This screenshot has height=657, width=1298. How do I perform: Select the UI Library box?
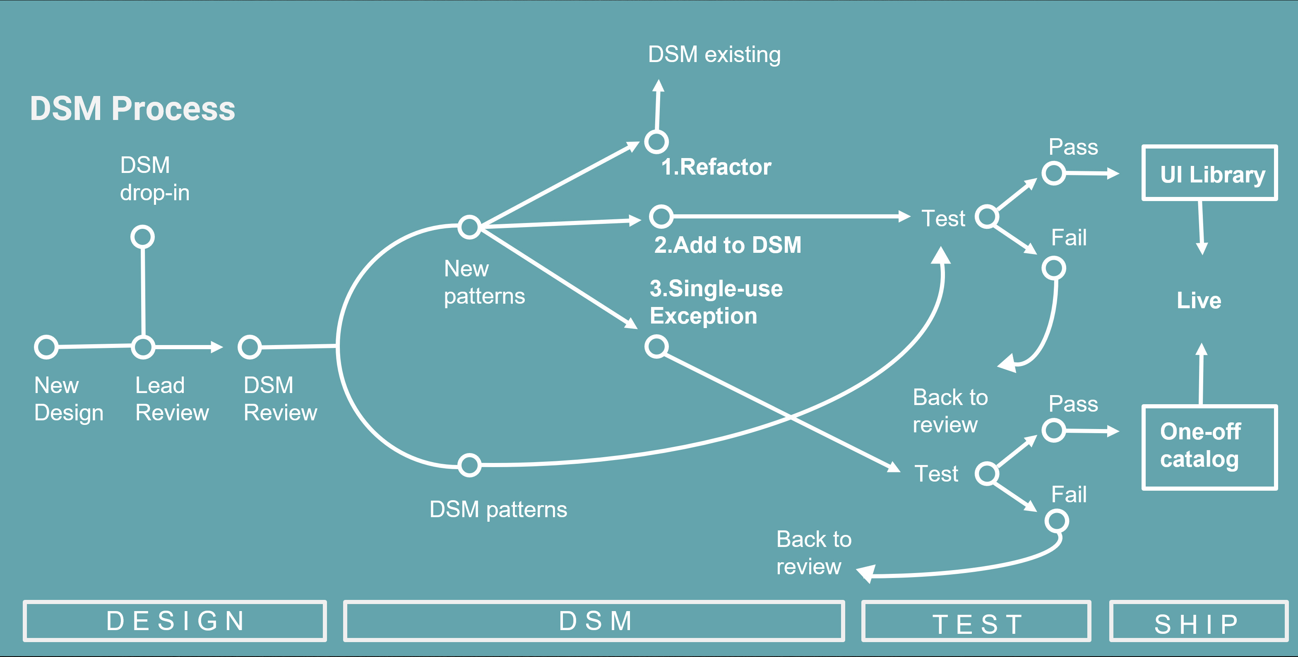(1209, 173)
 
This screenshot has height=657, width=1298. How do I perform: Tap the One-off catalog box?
(1209, 447)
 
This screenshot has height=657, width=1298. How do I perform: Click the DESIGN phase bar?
(175, 621)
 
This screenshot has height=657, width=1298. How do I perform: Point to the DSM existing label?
(714, 55)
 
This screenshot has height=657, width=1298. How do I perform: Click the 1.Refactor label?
(716, 167)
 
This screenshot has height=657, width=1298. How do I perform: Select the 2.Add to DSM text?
(728, 245)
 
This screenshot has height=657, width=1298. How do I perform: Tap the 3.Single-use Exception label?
(716, 302)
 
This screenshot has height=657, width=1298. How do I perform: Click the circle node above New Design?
(46, 347)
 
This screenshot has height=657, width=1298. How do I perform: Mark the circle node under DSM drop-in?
(143, 237)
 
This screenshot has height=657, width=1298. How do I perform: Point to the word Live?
(1199, 300)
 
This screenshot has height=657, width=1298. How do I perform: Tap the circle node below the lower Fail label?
(1057, 521)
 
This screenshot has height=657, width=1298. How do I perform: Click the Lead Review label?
(172, 398)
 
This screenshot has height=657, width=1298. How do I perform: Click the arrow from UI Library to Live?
(1201, 227)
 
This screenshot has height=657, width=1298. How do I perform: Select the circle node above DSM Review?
(250, 347)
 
